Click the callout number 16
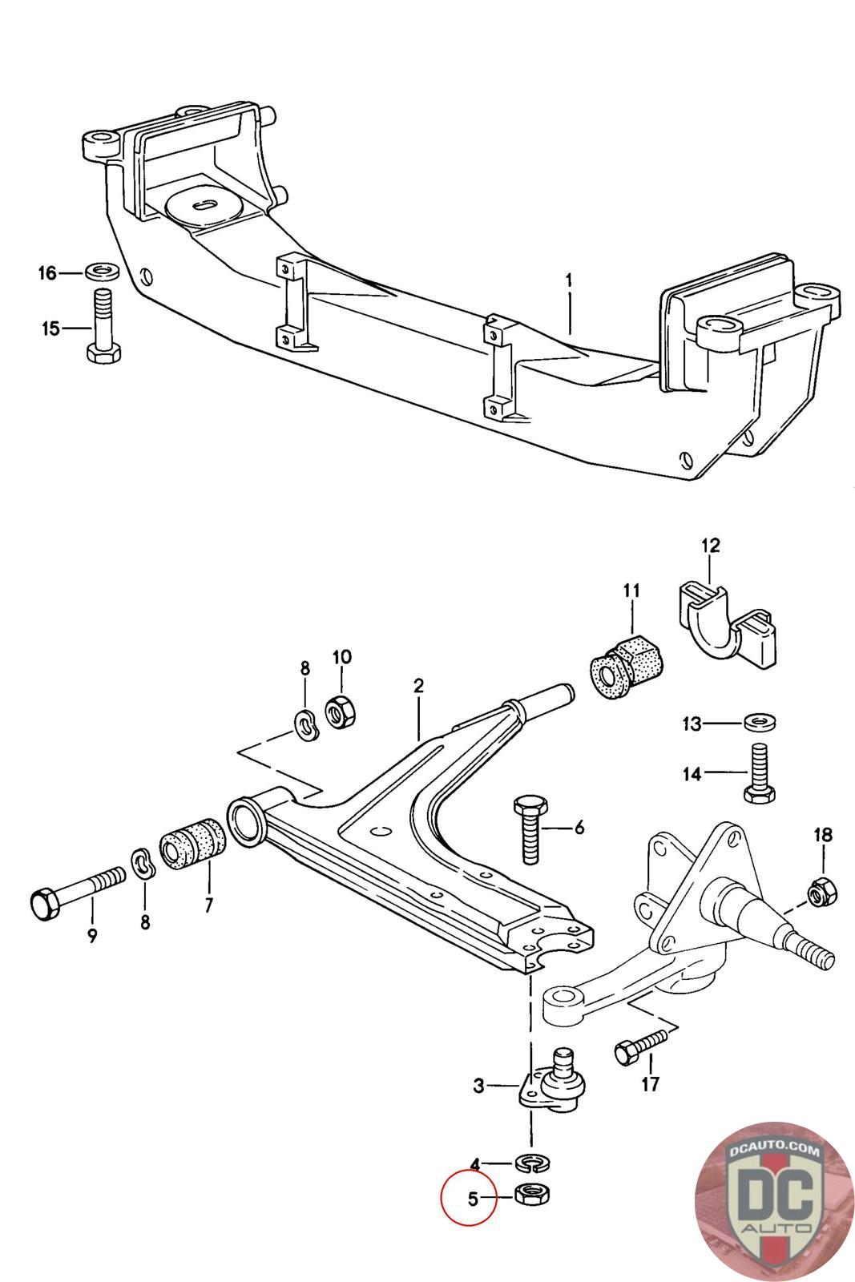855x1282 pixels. pyautogui.click(x=47, y=273)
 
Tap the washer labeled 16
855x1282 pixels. pyautogui.click(x=103, y=269)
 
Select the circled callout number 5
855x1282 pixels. pyautogui.click(x=472, y=1199)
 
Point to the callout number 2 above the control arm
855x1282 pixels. pyautogui.click(x=418, y=687)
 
